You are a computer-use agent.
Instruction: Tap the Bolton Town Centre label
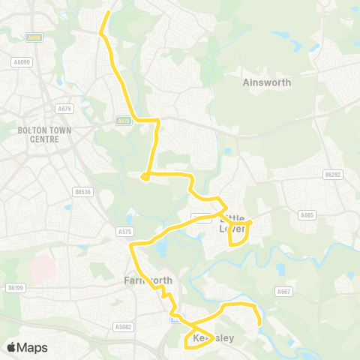pos(32,133)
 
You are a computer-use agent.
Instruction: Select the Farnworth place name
pos(148,280)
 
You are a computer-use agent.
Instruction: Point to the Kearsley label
pos(210,338)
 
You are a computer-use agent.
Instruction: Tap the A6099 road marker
pos(22,61)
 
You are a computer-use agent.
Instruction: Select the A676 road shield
pos(64,109)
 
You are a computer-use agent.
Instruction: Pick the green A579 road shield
pos(124,120)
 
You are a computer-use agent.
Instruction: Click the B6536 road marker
pos(82,191)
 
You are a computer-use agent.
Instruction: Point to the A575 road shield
pos(124,232)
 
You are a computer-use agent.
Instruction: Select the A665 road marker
pos(307,214)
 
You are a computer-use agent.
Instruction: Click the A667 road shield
pos(283,292)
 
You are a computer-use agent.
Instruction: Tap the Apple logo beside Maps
pos(11,347)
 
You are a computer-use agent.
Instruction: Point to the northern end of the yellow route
pos(109,12)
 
